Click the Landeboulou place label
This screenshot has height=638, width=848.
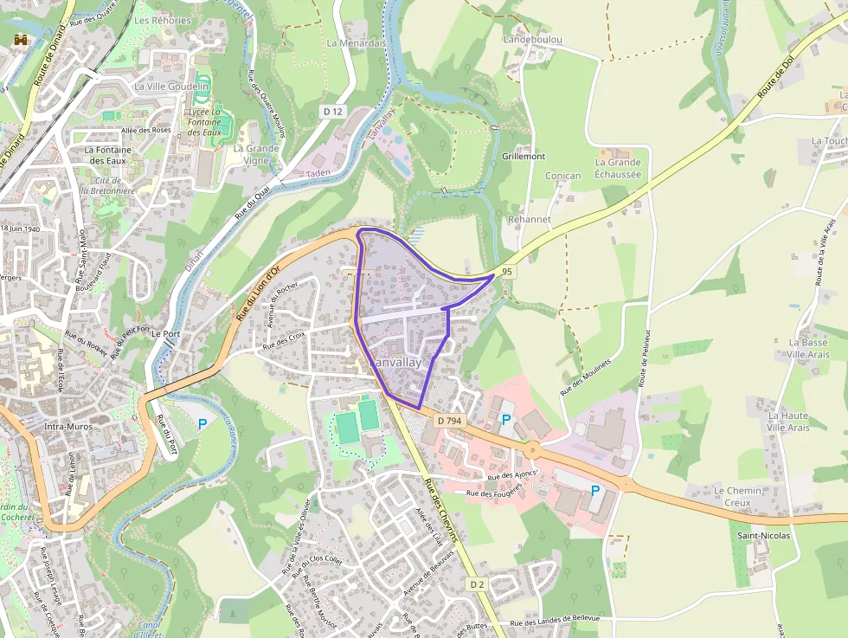[533, 40]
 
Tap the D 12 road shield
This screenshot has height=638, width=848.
[333, 112]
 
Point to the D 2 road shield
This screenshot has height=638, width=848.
[477, 584]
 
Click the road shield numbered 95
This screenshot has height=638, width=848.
[507, 272]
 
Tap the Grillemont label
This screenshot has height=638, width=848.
[524, 157]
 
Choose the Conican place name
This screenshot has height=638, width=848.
[562, 176]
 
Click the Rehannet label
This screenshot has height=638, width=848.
[530, 220]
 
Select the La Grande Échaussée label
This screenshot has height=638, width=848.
[618, 168]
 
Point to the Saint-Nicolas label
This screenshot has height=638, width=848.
[763, 536]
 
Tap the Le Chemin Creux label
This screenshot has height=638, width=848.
[737, 496]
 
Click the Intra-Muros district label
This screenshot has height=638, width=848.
[68, 427]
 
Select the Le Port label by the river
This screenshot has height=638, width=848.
[165, 333]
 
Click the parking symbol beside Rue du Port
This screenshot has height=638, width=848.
[202, 423]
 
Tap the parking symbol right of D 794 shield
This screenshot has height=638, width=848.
[506, 420]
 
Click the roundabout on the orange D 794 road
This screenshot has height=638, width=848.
[531, 449]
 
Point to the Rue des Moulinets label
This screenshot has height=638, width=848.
[586, 377]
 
